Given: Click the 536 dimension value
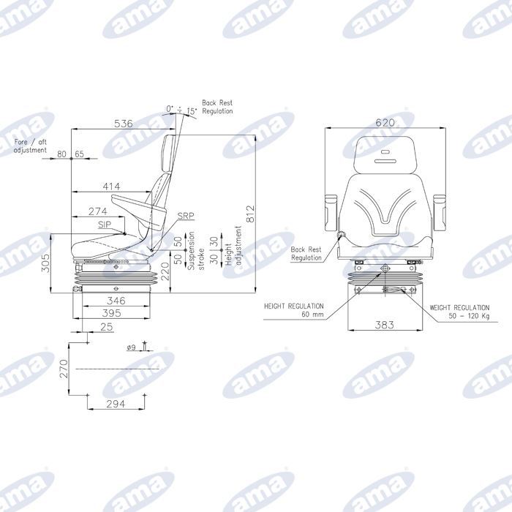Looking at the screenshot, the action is pyautogui.click(x=124, y=124).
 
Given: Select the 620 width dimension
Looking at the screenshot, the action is pyautogui.click(x=385, y=122).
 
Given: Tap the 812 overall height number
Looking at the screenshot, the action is pyautogui.click(x=250, y=214).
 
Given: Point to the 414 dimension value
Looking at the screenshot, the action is pyautogui.click(x=111, y=187).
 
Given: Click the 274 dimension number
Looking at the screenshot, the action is pyautogui.click(x=98, y=211).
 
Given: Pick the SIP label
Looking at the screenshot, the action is pyautogui.click(x=105, y=225).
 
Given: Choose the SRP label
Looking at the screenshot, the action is pyautogui.click(x=186, y=216).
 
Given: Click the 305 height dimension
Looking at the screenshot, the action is pyautogui.click(x=45, y=263).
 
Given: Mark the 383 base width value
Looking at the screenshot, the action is pyautogui.click(x=384, y=325).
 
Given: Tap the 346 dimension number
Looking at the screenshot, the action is pyautogui.click(x=116, y=301).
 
